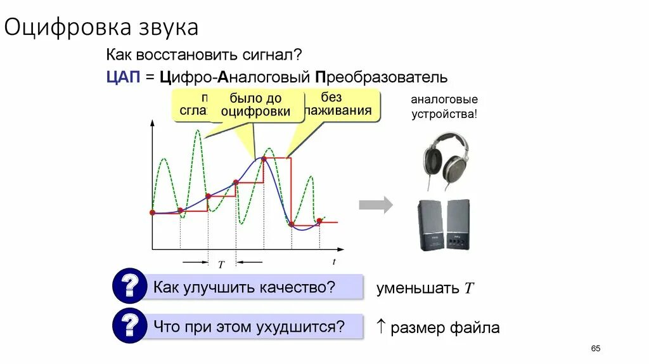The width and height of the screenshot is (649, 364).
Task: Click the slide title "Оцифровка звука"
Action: click(102, 27)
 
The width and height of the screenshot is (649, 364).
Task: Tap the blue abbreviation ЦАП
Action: click(122, 77)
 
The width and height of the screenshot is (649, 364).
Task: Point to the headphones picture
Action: click(446, 160)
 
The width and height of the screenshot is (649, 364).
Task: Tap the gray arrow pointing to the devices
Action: click(375, 205)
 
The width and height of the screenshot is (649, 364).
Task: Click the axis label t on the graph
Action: click(334, 261)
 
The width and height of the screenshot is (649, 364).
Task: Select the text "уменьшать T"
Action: click(425, 289)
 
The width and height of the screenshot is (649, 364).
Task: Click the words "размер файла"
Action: click(445, 328)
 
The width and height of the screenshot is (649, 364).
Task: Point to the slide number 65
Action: click(595, 349)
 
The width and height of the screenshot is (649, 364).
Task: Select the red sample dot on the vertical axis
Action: click(152, 212)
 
